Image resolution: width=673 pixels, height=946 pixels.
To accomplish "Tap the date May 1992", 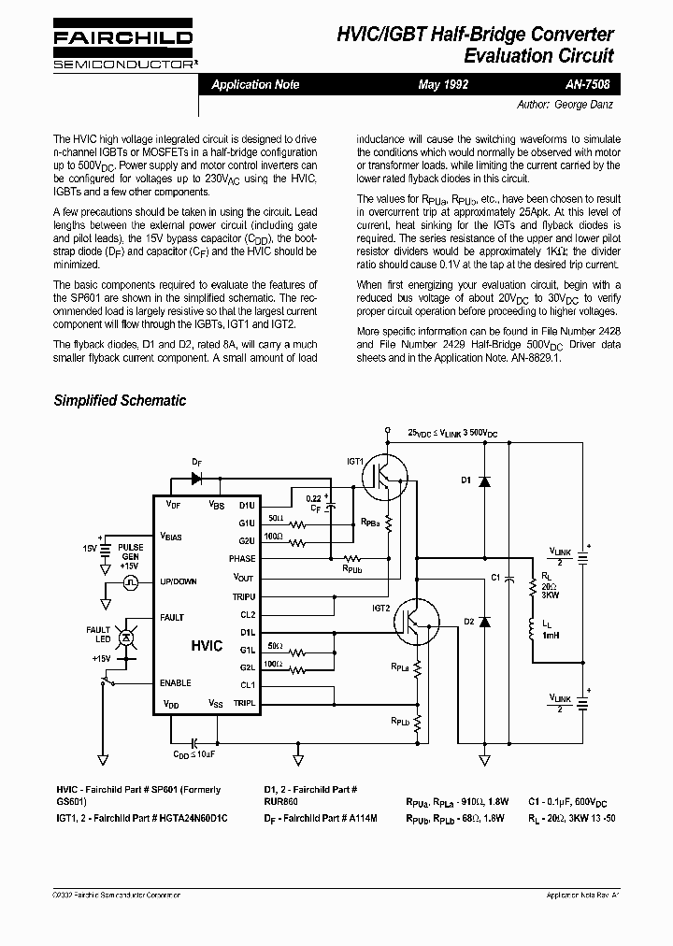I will pyautogui.click(x=443, y=84).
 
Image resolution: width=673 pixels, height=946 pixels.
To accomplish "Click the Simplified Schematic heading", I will pyautogui.click(x=120, y=400).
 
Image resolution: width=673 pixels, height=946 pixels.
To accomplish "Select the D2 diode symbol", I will pyautogui.click(x=484, y=621).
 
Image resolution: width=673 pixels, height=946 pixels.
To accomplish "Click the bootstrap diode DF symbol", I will pyautogui.click(x=197, y=477).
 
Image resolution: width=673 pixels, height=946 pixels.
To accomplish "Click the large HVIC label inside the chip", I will pyautogui.click(x=207, y=646).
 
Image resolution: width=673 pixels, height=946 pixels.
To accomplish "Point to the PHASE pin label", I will pyautogui.click(x=241, y=558).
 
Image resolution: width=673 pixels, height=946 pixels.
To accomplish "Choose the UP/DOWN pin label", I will pyautogui.click(x=179, y=580).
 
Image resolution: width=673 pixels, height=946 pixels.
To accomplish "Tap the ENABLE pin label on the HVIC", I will pyautogui.click(x=176, y=682).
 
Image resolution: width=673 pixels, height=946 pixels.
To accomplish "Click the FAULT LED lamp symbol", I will pyautogui.click(x=129, y=637).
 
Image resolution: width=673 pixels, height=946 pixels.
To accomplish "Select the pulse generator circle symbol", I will pyautogui.click(x=130, y=581).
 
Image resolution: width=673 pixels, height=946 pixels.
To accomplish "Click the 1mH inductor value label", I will pyautogui.click(x=551, y=636).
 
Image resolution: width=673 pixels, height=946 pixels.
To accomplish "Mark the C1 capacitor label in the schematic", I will pyautogui.click(x=495, y=577).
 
